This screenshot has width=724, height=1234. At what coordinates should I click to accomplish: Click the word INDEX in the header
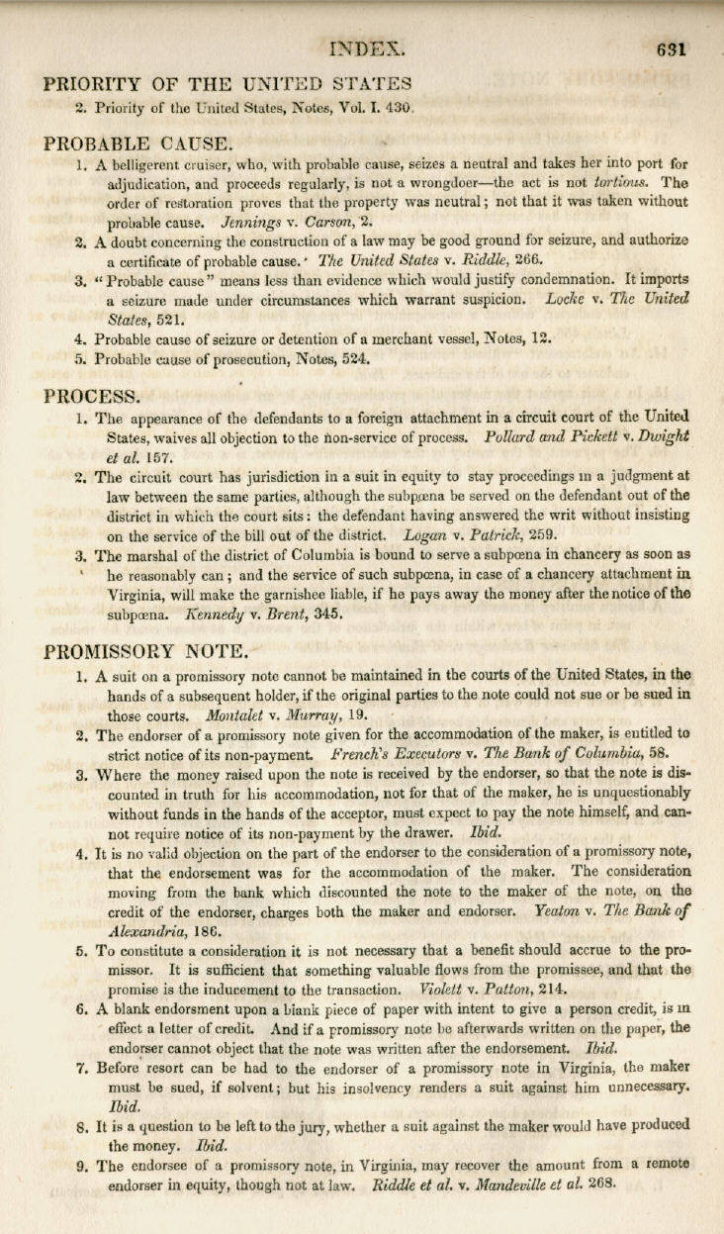(x=371, y=47)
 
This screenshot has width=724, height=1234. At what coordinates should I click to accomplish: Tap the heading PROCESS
(x=93, y=396)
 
